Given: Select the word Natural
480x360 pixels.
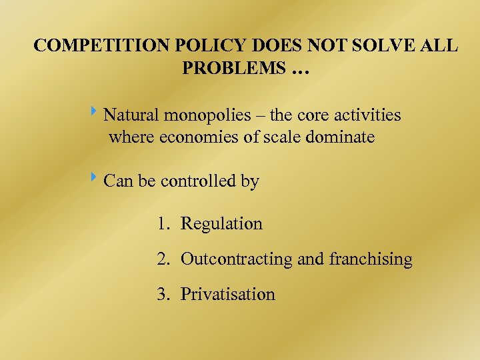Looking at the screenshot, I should click(x=131, y=115).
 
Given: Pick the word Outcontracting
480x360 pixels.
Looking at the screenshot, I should click(x=236, y=259).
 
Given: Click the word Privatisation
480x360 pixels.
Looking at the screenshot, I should click(x=227, y=295).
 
